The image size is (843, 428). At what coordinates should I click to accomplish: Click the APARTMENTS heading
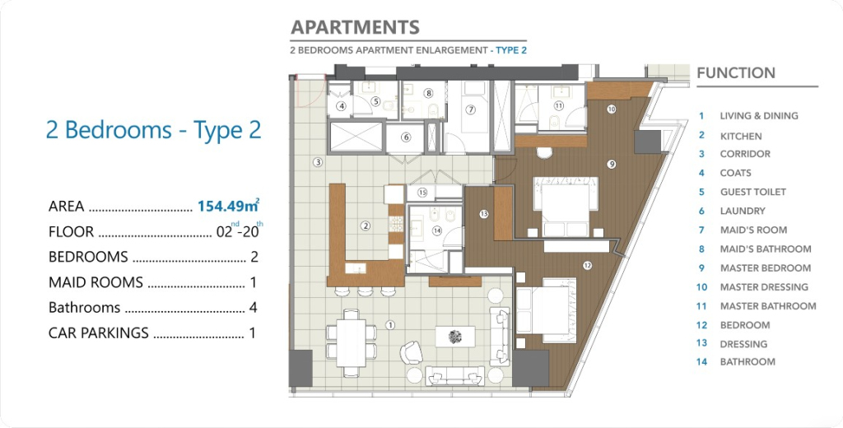pos(355,27)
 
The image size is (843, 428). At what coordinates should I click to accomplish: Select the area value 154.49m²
pos(229,205)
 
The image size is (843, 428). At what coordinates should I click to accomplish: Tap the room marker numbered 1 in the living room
pos(391,325)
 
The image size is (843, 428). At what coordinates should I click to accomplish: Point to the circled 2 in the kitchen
pos(366,226)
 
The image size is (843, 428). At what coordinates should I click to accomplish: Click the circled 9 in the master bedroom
pos(611,165)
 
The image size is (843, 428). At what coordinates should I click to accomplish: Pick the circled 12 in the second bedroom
pos(587,265)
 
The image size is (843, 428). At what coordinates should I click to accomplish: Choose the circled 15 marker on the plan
pos(422,193)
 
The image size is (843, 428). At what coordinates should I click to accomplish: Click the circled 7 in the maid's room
pos(470,109)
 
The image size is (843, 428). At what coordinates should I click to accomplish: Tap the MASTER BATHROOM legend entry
pos(768,306)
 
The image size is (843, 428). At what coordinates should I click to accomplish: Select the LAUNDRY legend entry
pos(743,211)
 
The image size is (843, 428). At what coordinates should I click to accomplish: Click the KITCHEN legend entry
pos(741,136)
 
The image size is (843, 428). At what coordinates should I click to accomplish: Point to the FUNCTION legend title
pos(736,73)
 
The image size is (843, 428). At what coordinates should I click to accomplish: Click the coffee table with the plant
pos(455,337)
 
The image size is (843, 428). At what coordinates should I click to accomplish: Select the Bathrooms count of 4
pos(254,308)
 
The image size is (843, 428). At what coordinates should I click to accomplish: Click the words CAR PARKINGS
pos(99,333)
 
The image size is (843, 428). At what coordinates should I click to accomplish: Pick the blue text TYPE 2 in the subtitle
pos(511,50)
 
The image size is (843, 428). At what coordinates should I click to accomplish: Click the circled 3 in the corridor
pos(318,162)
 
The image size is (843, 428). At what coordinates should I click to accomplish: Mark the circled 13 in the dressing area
pos(484,214)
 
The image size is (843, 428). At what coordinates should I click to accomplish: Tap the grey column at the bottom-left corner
pos(300,368)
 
